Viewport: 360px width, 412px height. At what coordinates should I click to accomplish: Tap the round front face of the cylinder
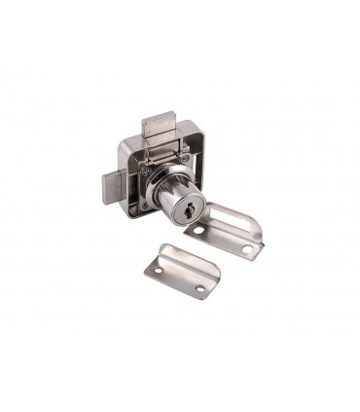tap(184, 207)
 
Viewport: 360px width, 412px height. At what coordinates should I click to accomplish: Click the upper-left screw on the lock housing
tap(146, 169)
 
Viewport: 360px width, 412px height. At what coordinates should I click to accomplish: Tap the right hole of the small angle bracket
tap(200, 289)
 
